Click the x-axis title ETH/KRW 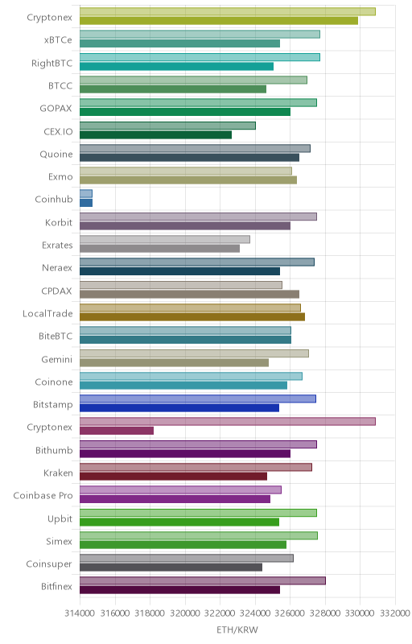(237, 630)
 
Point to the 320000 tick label (185, 613)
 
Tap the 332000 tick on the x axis (395, 613)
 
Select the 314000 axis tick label (80, 613)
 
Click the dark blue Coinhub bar (86, 203)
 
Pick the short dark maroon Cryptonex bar (117, 431)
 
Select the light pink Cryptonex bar (228, 421)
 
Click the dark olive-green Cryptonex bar (219, 21)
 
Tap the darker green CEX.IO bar (155, 134)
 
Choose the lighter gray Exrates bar (164, 239)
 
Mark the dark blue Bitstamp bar (179, 408)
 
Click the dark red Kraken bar (173, 476)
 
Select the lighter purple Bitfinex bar (203, 580)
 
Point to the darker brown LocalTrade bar (192, 316)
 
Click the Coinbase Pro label (43, 496)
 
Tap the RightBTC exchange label (51, 64)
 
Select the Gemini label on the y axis (56, 359)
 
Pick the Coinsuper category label (49, 564)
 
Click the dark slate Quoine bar (189, 158)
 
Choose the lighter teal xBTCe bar (200, 35)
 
